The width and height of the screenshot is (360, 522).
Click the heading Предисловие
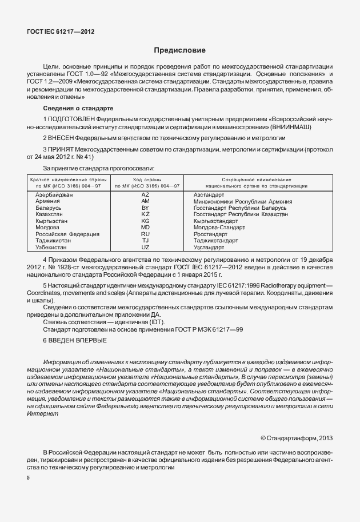[179, 51]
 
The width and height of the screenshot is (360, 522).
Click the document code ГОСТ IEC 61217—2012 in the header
[61, 32]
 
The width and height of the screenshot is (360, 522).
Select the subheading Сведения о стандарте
[78, 108]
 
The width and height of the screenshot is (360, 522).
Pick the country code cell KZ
[145, 214]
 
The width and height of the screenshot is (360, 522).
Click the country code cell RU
[145, 234]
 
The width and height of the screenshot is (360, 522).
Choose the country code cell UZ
[145, 247]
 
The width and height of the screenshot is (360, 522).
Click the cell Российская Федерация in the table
[67, 234]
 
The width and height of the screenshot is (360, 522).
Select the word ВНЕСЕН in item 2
[62, 138]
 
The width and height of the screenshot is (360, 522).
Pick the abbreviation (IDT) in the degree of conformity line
[154, 322]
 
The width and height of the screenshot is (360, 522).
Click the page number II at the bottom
[29, 476]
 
